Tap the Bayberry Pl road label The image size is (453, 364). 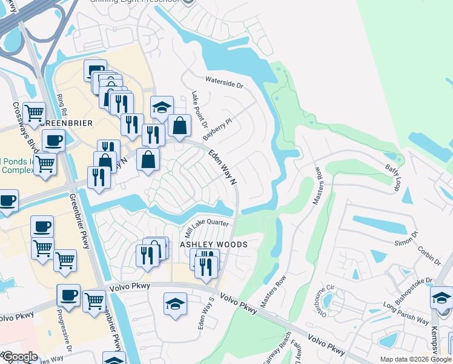coord(217,130)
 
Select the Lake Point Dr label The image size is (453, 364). coord(199,109)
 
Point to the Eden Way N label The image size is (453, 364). coord(222,167)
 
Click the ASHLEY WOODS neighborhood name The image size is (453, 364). coord(214,244)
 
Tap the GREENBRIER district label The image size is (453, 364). coord(68,123)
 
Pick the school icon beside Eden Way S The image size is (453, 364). coord(175,303)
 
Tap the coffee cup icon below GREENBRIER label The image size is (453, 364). coord(54,140)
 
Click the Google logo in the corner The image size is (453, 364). coord(20,357)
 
